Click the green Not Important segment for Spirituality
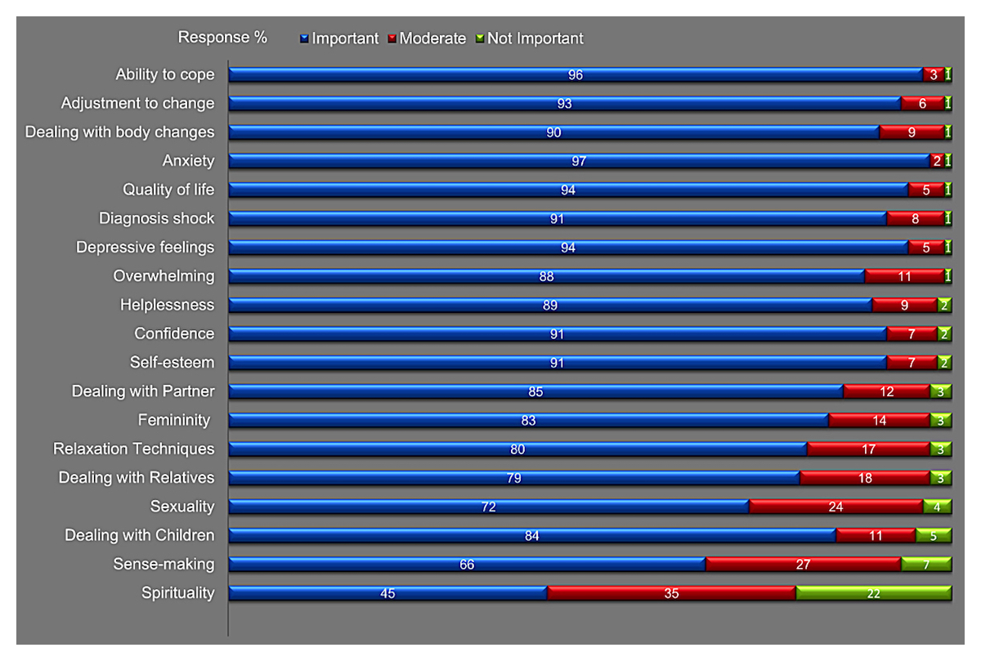pyautogui.click(x=873, y=593)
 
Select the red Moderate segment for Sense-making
pyautogui.click(x=803, y=565)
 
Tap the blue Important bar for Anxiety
pyautogui.click(x=579, y=161)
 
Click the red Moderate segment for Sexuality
pyautogui.click(x=835, y=507)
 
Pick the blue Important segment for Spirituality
pyautogui.click(x=387, y=593)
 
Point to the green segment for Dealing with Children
pyautogui.click(x=933, y=536)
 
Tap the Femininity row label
pyautogui.click(x=173, y=420)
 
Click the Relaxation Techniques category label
pyautogui.click(x=134, y=449)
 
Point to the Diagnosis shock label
pyautogui.click(x=157, y=218)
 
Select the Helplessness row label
pyautogui.click(x=167, y=305)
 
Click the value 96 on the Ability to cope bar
pyautogui.click(x=576, y=75)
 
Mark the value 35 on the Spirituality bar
pyautogui.click(x=671, y=593)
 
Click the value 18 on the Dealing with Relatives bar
pyautogui.click(x=865, y=478)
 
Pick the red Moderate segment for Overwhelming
pyautogui.click(x=904, y=276)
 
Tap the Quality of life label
pyautogui.click(x=168, y=190)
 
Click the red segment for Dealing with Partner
pyautogui.click(x=886, y=391)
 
